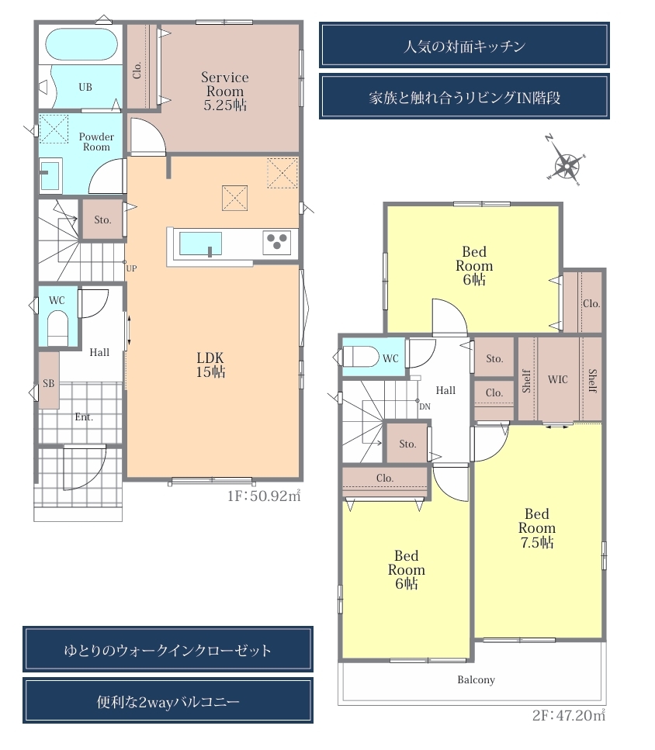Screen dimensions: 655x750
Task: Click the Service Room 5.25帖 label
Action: click(225, 91)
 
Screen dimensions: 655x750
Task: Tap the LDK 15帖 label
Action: click(210, 365)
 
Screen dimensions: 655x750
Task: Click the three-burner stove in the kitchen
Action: click(277, 241)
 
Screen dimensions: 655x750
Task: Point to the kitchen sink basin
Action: click(200, 244)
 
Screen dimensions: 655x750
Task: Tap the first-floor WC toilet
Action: click(58, 327)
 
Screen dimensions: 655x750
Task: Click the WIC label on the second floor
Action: click(558, 379)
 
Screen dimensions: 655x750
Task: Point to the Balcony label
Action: click(476, 679)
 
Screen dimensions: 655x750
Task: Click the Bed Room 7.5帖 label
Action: click(537, 528)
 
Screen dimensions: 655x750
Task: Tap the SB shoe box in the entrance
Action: click(49, 380)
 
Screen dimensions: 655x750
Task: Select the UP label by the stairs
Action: click(132, 268)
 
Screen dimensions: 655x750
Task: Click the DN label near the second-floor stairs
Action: click(425, 406)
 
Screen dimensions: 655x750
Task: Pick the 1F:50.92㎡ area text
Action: click(264, 496)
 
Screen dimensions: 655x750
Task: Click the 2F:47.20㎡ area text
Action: click(569, 715)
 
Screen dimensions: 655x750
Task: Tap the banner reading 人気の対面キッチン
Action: click(464, 45)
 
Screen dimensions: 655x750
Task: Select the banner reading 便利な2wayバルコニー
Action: click(168, 700)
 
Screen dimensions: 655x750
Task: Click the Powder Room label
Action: click(97, 142)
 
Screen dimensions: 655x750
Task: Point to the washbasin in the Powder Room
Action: click(50, 174)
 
